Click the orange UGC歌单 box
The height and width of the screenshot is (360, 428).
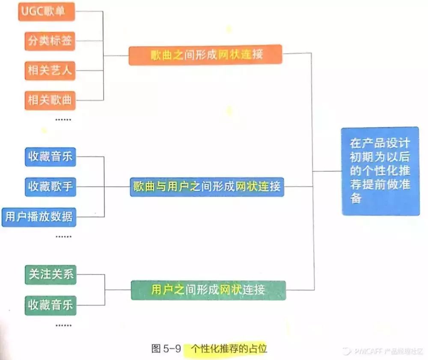coord(47,12)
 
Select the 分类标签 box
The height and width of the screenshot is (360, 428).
coord(50,41)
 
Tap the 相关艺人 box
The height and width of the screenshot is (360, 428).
coord(50,71)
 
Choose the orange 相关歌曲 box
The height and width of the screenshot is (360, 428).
coord(50,100)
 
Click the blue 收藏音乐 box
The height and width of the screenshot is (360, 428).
coord(50,157)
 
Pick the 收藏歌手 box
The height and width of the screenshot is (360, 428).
coord(50,186)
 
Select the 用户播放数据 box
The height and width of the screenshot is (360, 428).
coord(39,217)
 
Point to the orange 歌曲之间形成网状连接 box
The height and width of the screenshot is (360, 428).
coord(205,55)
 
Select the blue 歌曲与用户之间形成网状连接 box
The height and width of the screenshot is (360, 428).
coord(207,187)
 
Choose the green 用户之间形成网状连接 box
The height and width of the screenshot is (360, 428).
coord(208,290)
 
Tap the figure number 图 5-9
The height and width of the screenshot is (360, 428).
coord(166,348)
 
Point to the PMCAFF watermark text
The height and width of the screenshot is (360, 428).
coord(388,351)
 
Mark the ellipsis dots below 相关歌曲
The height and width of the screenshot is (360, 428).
coord(63,120)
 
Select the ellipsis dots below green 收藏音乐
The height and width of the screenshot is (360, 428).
coord(63,325)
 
